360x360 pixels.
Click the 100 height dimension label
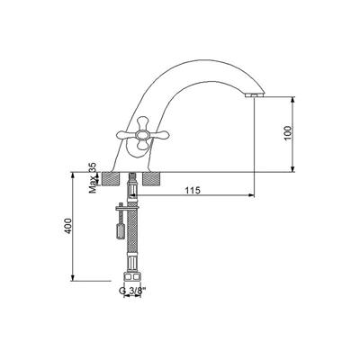click(x=287, y=133)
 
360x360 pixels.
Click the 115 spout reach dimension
click(x=193, y=190)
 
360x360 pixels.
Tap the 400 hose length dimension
click(x=68, y=226)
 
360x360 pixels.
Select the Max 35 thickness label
click(x=93, y=178)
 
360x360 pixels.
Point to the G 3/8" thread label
click(x=132, y=291)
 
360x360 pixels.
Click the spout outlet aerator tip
click(x=255, y=94)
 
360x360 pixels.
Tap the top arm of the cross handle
click(x=142, y=123)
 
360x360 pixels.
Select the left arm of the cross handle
click(x=126, y=136)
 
